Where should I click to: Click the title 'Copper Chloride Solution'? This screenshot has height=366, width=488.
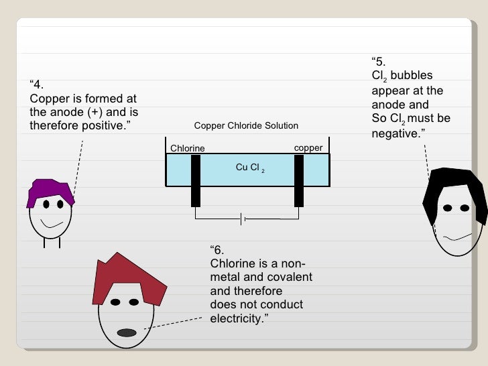coord(245,126)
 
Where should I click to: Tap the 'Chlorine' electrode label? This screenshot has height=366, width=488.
coord(187,148)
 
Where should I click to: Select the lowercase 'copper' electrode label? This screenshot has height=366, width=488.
coord(308,147)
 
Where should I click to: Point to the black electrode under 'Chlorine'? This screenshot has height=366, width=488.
coord(196,180)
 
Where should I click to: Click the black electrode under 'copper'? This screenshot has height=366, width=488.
coord(299,180)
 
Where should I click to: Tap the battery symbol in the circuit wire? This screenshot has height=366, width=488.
coord(243,219)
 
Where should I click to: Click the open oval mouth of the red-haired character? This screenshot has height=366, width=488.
coord(127,332)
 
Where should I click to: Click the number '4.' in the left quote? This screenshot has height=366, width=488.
coord(38,85)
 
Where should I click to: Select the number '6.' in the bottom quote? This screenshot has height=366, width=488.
coord(218,250)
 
